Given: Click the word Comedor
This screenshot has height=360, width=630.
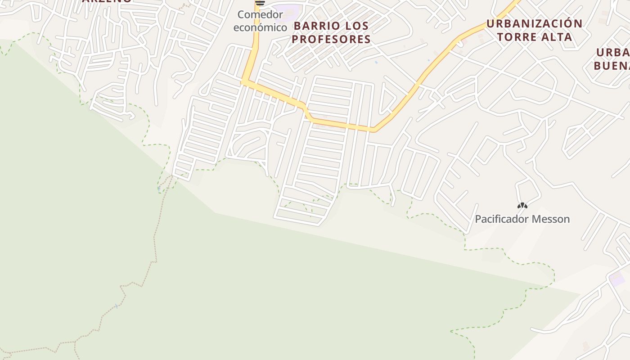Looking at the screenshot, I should pyautogui.click(x=260, y=15).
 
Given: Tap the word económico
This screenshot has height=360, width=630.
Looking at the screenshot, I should pyautogui.click(x=260, y=27).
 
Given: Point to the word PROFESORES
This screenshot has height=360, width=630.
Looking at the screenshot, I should pyautogui.click(x=331, y=39).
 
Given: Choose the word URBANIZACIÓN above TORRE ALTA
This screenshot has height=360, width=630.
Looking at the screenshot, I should pyautogui.click(x=535, y=23).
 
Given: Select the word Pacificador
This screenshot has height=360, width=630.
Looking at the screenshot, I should pyautogui.click(x=502, y=219).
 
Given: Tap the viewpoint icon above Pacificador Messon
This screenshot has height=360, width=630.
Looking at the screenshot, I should pyautogui.click(x=522, y=206).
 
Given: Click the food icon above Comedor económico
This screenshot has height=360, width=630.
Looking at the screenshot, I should pyautogui.click(x=260, y=3).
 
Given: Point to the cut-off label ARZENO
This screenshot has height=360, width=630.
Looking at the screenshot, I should pyautogui.click(x=107, y=1).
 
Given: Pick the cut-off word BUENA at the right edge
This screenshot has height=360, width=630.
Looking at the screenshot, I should pyautogui.click(x=612, y=66).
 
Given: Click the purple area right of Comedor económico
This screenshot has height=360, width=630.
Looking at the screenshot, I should pyautogui.click(x=288, y=10).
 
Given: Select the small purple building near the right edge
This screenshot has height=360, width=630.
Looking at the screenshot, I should pyautogui.click(x=617, y=279).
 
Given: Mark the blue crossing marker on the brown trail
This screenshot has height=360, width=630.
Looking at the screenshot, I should pyautogui.click(x=117, y=306).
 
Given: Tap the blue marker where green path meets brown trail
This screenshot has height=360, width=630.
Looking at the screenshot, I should pyautogui.click(x=159, y=188).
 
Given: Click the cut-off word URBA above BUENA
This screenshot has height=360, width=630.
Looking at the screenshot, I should pyautogui.click(x=613, y=53).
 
